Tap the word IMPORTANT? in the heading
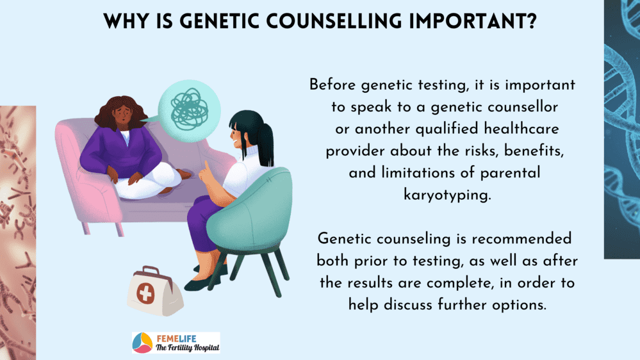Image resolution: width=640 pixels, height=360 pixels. pyautogui.click(x=473, y=21)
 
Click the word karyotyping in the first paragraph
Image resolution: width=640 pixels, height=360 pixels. pyautogui.click(x=447, y=195)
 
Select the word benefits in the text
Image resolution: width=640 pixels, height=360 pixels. pyautogui.click(x=534, y=151)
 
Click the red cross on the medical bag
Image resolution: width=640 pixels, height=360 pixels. pyautogui.click(x=145, y=293)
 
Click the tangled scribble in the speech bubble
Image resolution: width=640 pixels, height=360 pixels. pyautogui.click(x=190, y=110)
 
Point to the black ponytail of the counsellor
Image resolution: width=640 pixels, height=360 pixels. pyautogui.click(x=265, y=143)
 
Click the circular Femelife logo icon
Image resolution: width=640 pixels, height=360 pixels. pyautogui.click(x=142, y=343)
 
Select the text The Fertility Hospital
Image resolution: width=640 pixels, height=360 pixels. pyautogui.click(x=187, y=348)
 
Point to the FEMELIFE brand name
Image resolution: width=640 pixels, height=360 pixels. pyautogui.click(x=177, y=338)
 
